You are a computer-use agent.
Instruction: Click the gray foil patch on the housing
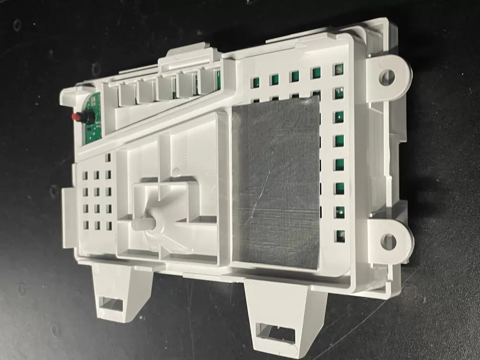tap(276, 182)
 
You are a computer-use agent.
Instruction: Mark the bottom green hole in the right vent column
tap(340, 235)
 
